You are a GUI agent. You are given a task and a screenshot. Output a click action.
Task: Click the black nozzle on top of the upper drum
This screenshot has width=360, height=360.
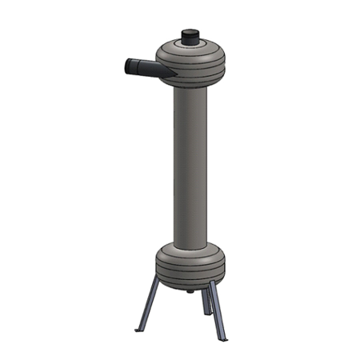[190, 38]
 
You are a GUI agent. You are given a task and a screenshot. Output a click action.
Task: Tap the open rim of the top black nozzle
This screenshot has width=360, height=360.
[190, 31]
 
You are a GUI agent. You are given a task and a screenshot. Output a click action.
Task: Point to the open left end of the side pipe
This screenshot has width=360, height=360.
[127, 65]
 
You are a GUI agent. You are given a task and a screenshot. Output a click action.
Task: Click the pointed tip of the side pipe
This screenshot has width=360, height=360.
[171, 75]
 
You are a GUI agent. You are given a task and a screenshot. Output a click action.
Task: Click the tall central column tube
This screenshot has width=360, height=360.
[190, 160]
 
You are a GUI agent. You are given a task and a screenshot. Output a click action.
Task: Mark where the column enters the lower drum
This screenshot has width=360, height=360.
[190, 242]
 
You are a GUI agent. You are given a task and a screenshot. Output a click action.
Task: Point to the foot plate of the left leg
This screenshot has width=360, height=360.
[138, 329]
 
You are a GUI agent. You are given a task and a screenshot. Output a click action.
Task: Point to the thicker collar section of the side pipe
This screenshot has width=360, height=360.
[134, 66]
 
